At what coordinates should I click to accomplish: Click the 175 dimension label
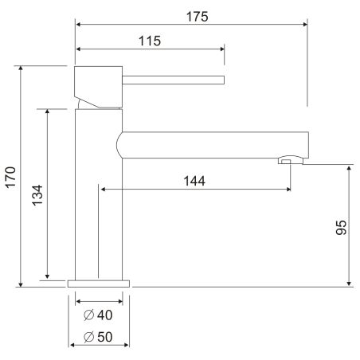tap(198, 17)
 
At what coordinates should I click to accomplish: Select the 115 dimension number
tap(150, 41)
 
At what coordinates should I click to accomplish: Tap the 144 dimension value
tap(194, 181)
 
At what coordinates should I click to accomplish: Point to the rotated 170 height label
tap(11, 178)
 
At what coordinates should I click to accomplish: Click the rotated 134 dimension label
tap(37, 195)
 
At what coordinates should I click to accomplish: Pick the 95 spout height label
tap(341, 228)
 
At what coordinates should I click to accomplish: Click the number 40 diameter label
tap(105, 315)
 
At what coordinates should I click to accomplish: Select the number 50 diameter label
tap(105, 337)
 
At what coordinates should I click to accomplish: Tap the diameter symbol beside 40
tap(88, 315)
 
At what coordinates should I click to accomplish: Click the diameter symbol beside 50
tap(88, 337)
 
